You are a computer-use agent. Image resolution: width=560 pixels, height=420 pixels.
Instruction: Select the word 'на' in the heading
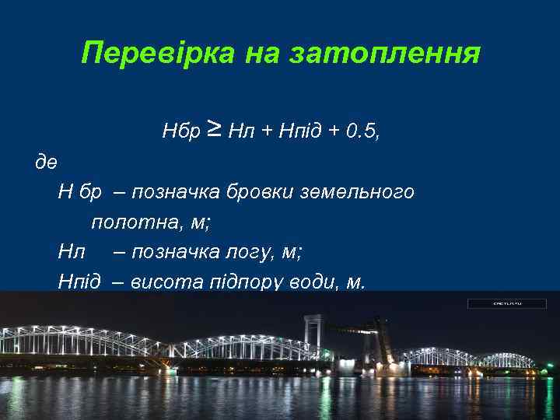pos(262,54)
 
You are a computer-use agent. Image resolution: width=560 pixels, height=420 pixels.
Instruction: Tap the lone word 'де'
pos(46,163)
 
